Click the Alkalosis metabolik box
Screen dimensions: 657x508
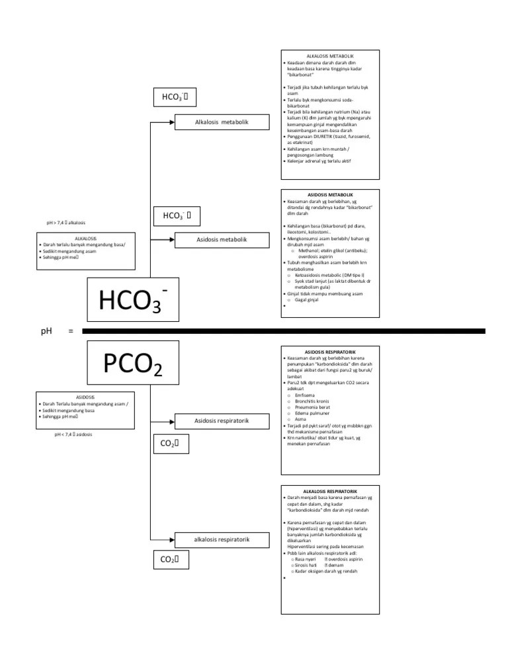point(222,122)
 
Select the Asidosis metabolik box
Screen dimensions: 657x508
point(222,239)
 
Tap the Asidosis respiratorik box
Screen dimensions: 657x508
point(222,421)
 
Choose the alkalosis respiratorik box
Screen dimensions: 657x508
point(222,540)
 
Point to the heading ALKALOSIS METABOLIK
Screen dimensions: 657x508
point(330,56)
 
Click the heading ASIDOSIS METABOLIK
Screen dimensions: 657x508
point(330,195)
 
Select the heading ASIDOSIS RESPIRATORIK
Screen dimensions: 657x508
point(330,352)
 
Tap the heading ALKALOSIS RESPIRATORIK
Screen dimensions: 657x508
point(330,492)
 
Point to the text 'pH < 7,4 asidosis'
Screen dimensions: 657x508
point(73,435)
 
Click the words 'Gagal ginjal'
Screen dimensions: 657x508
point(307,300)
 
